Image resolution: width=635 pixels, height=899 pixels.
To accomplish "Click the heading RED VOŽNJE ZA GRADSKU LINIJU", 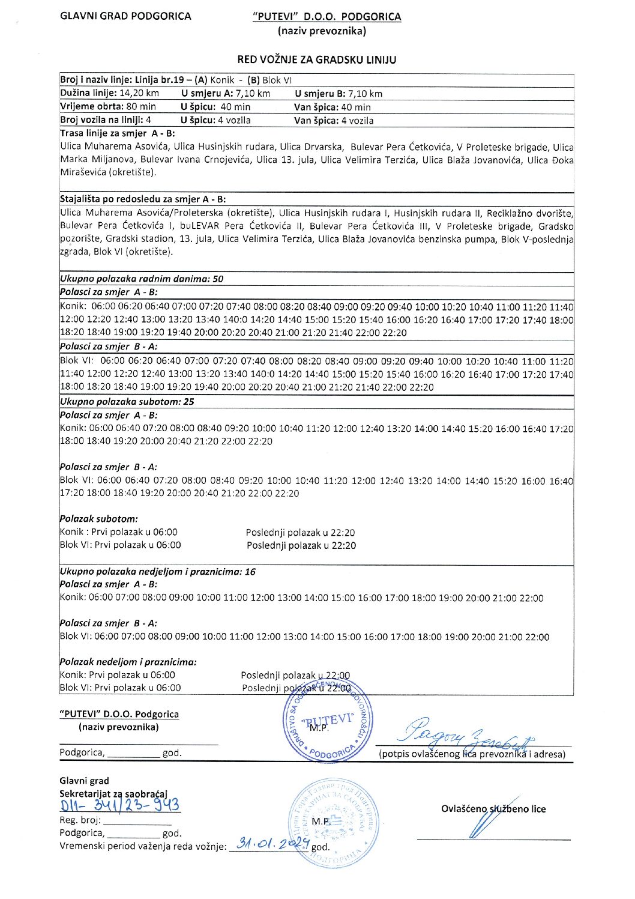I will (316, 59).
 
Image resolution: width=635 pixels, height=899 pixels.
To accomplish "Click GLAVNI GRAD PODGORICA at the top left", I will (125, 16).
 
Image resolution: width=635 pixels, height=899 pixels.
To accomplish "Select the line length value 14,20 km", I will (139, 94).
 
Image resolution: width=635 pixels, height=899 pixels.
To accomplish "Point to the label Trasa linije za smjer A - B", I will (118, 133).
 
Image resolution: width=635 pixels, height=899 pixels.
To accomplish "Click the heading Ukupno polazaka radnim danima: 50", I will (142, 279).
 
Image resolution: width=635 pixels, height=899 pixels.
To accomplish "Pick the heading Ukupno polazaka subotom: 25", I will (127, 402).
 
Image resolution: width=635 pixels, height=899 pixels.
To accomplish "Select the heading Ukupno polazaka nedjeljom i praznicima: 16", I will (158, 572).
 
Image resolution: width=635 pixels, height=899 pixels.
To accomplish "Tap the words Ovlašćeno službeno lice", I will (493, 809).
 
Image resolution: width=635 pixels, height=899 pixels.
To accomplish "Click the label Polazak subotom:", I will (98, 519).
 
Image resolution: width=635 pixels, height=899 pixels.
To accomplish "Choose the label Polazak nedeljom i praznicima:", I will (128, 662).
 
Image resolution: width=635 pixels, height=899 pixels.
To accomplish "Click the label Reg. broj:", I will (80, 820).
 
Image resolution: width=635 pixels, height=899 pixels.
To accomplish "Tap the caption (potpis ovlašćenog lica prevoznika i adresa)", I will (472, 754).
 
